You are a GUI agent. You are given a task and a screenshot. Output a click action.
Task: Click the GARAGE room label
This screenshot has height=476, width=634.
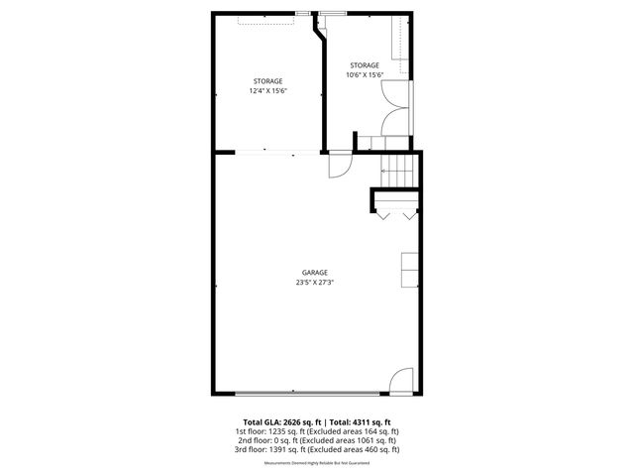pos(315,273)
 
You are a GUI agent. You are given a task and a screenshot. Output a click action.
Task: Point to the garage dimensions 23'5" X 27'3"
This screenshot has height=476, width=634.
pos(315,283)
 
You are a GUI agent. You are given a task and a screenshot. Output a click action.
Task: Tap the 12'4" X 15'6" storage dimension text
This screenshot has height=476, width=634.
pos(267,91)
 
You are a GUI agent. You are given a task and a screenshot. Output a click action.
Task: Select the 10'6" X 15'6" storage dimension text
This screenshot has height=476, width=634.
pos(364,75)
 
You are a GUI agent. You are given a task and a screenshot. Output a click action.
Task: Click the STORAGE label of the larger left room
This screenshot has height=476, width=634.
pos(267,81)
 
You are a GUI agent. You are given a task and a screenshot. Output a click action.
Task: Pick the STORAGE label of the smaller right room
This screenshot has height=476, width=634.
pos(364,65)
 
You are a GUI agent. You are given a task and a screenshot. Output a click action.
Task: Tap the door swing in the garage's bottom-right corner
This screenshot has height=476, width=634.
pos(401,380)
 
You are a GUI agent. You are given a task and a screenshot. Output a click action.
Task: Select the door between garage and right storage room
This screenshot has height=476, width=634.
pos(340,166)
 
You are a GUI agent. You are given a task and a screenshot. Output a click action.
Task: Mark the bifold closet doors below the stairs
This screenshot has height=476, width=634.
pos(395,212)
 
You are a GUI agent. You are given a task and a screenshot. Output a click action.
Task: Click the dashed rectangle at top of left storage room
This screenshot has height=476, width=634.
pos(265,20)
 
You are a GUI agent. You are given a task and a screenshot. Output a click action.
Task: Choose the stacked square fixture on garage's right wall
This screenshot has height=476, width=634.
pos(408,269)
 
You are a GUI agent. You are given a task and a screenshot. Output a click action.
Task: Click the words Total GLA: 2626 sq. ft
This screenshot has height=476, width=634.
pos(280,422)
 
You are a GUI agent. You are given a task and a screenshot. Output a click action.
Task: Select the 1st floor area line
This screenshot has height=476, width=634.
pos(316,431)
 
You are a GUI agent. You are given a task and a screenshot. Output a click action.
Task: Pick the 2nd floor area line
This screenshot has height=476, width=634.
pos(316,440)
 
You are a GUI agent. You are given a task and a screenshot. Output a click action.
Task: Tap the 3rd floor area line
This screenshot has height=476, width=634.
pos(316,449)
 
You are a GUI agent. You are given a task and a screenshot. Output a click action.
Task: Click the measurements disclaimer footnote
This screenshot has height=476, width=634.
pos(316,463)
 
